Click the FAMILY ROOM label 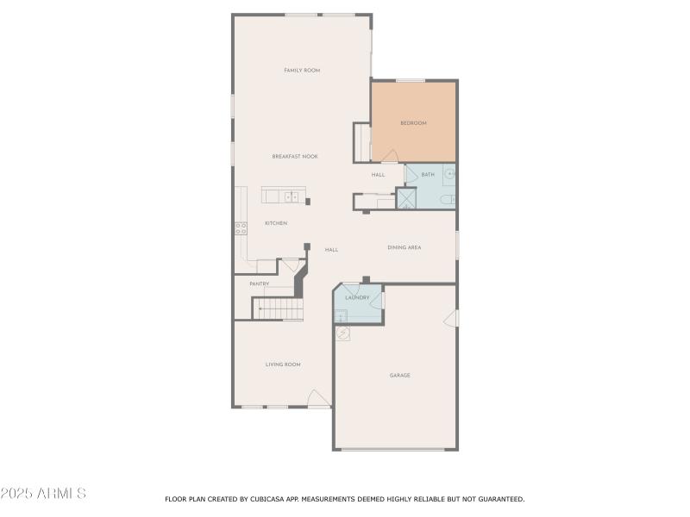coord(302,70)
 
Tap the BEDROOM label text coord(413,123)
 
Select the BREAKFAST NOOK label coord(295,156)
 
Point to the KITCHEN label coord(276,223)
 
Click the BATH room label coord(428,175)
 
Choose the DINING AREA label coord(404,247)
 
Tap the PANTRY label coord(260,283)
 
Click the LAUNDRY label coord(357,297)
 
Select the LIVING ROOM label coord(283,364)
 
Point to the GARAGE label coord(399,375)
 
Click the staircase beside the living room coord(278,308)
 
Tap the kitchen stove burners coord(241,227)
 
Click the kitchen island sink coord(292,196)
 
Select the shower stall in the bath coord(405,198)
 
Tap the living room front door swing coord(318,398)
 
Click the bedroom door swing coord(390,156)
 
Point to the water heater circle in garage coord(342,333)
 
